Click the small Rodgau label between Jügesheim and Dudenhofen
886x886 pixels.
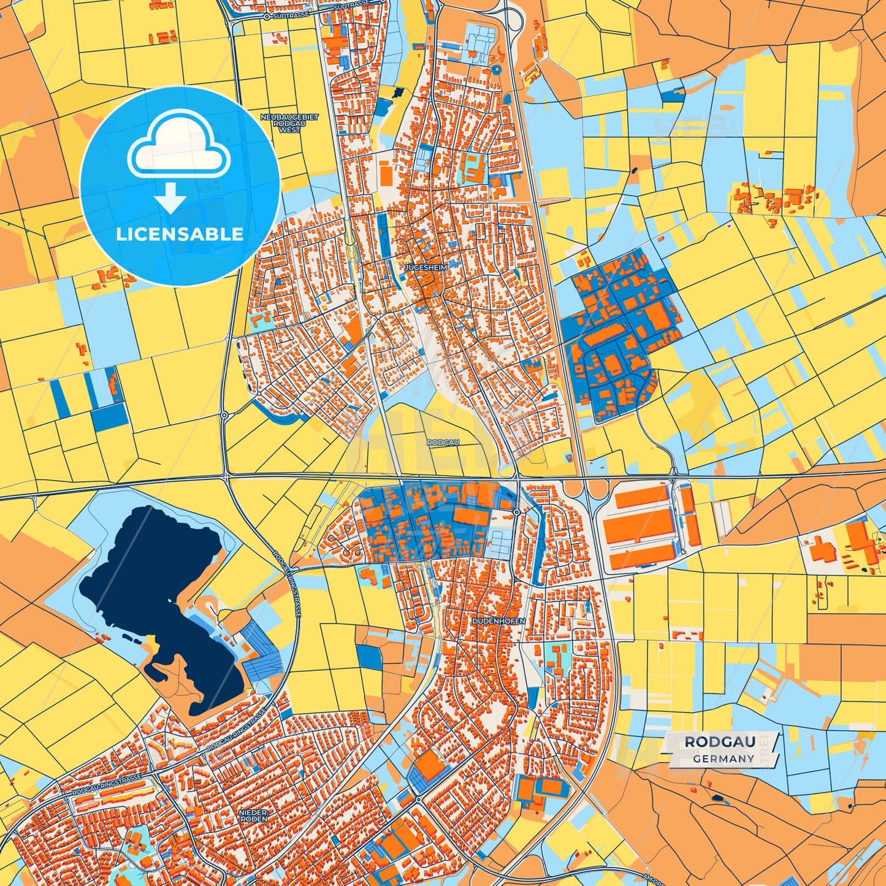[x=443, y=442]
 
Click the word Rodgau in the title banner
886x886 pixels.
[x=719, y=742]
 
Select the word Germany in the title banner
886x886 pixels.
[x=724, y=758]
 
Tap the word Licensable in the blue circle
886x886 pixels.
[x=180, y=234]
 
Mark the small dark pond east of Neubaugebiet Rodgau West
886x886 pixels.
[x=399, y=93]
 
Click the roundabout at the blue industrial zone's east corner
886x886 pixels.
[x=517, y=512]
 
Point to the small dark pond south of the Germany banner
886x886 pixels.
[x=717, y=798]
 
